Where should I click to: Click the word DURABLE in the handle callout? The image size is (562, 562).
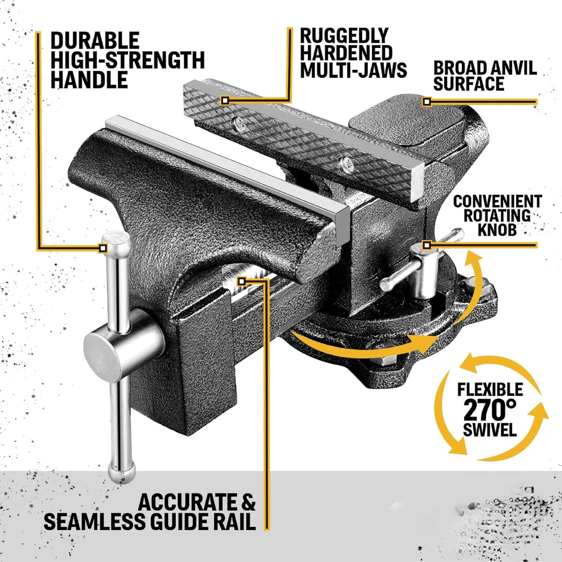[95, 40]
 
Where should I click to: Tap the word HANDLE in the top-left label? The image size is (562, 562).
[89, 80]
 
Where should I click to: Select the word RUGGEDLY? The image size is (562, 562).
[344, 36]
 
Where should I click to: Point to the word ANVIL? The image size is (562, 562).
[512, 68]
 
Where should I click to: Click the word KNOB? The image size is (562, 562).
[497, 229]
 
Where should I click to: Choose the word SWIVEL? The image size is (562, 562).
[490, 429]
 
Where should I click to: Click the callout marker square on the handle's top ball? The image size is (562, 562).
[103, 248]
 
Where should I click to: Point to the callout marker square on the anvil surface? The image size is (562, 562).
[426, 101]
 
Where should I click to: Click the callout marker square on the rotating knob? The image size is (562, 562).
[426, 245]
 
